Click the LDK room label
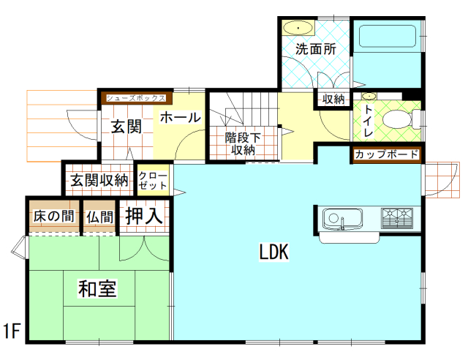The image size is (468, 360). (x=274, y=252)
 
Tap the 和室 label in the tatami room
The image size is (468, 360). (x=97, y=289)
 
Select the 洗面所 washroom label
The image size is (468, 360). (x=315, y=50)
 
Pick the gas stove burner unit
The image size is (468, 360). (x=396, y=218)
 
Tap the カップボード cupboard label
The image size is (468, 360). (x=387, y=154)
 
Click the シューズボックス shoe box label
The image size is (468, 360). (x=135, y=97)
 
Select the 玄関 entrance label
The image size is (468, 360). (x=126, y=126)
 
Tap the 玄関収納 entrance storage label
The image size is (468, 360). (x=99, y=179)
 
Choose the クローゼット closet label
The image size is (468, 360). (x=153, y=181)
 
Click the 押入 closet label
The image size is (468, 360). (x=144, y=216)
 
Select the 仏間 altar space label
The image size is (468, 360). (x=99, y=217)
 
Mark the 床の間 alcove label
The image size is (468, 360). (x=53, y=217)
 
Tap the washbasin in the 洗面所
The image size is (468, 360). (x=298, y=29)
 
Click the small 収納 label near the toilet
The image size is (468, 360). (x=333, y=99)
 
